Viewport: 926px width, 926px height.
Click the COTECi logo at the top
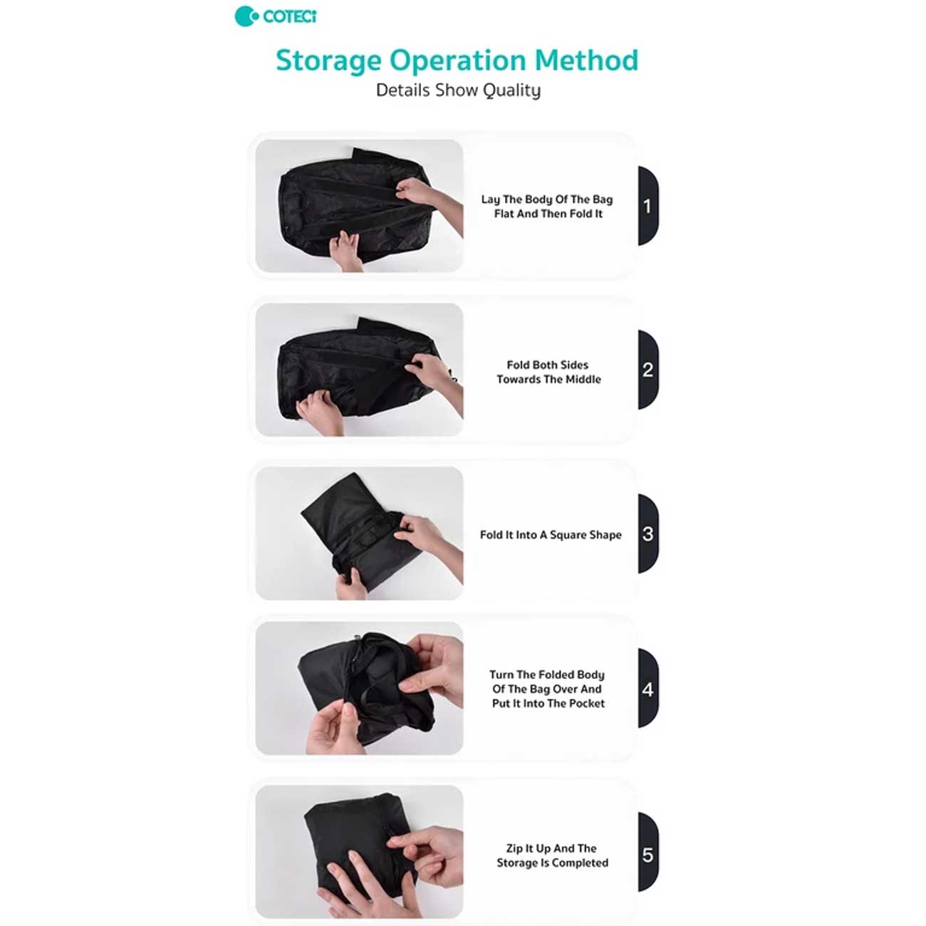tap(276, 17)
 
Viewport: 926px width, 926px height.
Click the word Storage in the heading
tap(328, 61)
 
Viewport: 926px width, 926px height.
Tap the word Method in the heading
tap(586, 60)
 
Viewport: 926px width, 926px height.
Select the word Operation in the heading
tap(458, 61)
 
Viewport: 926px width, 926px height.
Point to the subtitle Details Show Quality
tap(458, 90)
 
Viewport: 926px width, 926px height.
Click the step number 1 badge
tap(648, 206)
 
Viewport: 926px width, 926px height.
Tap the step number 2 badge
tap(648, 370)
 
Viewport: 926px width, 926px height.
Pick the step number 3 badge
tap(648, 534)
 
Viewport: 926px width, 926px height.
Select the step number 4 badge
tap(648, 690)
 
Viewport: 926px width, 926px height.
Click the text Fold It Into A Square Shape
tap(551, 535)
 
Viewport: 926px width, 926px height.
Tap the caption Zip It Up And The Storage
tap(552, 856)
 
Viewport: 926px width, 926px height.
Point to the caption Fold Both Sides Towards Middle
tap(548, 372)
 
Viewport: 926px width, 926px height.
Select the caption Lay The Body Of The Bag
tap(547, 207)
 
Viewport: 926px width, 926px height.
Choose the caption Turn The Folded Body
tap(547, 689)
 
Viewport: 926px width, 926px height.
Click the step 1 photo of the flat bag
tap(359, 206)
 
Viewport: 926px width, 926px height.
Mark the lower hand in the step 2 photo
tap(320, 412)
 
